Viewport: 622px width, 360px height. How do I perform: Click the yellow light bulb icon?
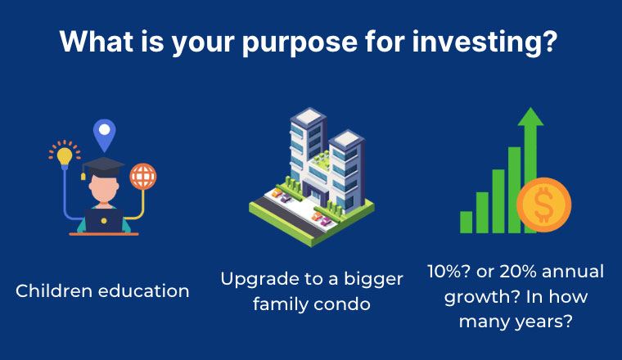tap(65, 155)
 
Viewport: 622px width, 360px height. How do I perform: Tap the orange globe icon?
tap(142, 177)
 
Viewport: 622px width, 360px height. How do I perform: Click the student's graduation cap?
tap(102, 167)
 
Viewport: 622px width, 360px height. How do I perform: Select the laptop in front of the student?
tap(104, 221)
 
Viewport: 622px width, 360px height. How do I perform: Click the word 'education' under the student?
tap(143, 291)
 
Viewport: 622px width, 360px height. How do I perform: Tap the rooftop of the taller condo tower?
tap(309, 115)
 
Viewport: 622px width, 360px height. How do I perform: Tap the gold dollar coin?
tap(544, 205)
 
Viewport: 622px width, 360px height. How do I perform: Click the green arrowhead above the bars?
tap(530, 117)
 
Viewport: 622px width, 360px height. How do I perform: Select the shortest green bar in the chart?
tap(466, 222)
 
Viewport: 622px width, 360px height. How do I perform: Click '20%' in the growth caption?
tap(518, 272)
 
